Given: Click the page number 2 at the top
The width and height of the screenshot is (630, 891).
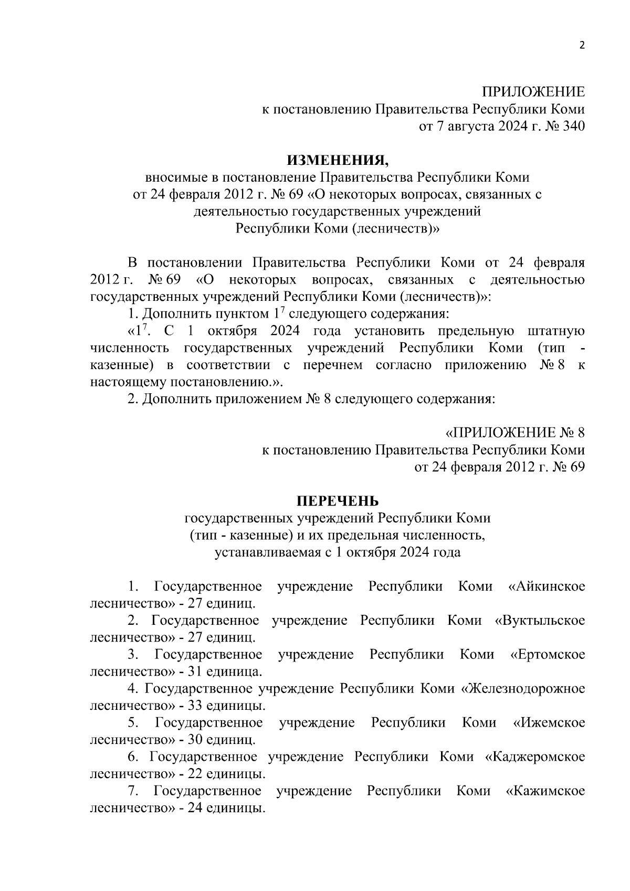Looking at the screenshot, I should (x=581, y=45).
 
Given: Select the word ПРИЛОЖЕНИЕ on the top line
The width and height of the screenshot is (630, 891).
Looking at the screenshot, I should (x=533, y=92).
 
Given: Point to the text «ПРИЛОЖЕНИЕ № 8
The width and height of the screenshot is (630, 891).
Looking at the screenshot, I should (x=514, y=433).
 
